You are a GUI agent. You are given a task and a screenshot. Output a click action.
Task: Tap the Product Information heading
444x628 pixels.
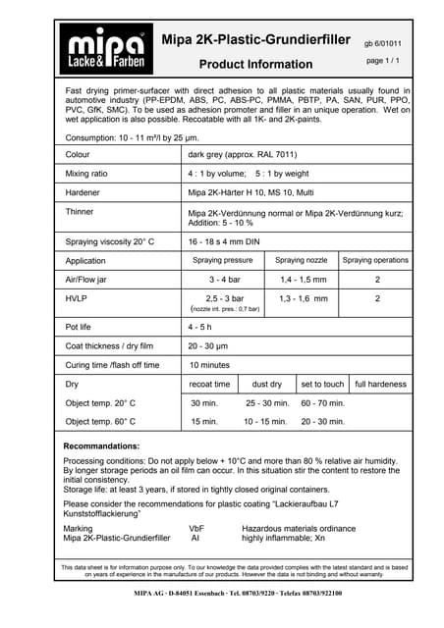(x=255, y=65)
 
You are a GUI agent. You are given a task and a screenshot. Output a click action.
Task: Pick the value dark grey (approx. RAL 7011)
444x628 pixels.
(x=238, y=155)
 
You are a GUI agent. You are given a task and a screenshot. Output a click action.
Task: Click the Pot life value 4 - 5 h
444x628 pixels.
(x=203, y=328)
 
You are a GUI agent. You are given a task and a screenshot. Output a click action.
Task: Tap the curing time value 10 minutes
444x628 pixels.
(x=210, y=365)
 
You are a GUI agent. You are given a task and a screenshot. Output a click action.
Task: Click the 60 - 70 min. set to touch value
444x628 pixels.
(x=322, y=403)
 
